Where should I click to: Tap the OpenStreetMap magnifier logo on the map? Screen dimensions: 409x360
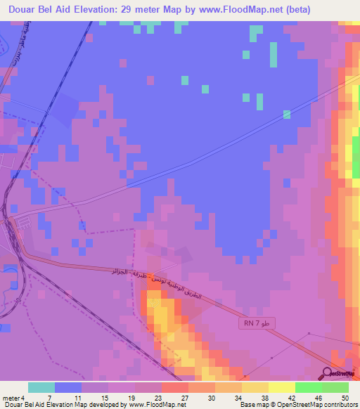point(328,374)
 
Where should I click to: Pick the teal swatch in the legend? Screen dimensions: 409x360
point(41,387)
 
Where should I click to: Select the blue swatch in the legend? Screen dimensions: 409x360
point(68,387)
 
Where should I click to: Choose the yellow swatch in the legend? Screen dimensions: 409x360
point(281,387)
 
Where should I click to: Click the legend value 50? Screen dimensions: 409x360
point(344,397)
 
